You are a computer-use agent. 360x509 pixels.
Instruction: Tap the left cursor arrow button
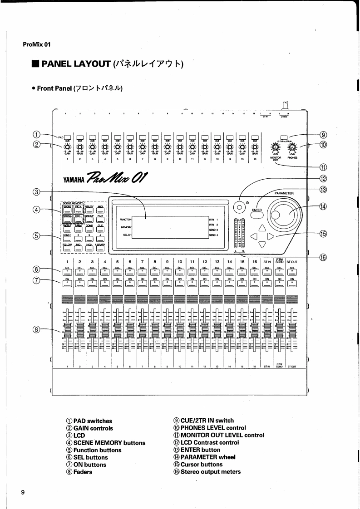(254, 236)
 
